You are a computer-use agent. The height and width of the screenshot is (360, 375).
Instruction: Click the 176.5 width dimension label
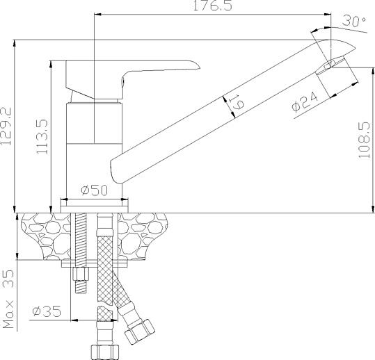point(212,6)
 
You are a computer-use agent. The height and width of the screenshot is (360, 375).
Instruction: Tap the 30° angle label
point(354,21)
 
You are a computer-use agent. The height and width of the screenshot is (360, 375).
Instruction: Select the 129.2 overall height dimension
point(6,126)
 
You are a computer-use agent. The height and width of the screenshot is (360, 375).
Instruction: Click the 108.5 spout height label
point(365,140)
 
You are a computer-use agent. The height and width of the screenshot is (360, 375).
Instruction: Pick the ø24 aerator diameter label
point(305,101)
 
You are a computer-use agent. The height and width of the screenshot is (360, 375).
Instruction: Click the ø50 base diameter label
point(94,190)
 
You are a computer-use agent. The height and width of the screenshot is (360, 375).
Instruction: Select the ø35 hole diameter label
point(47,311)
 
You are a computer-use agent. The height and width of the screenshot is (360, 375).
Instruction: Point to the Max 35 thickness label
point(8,299)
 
